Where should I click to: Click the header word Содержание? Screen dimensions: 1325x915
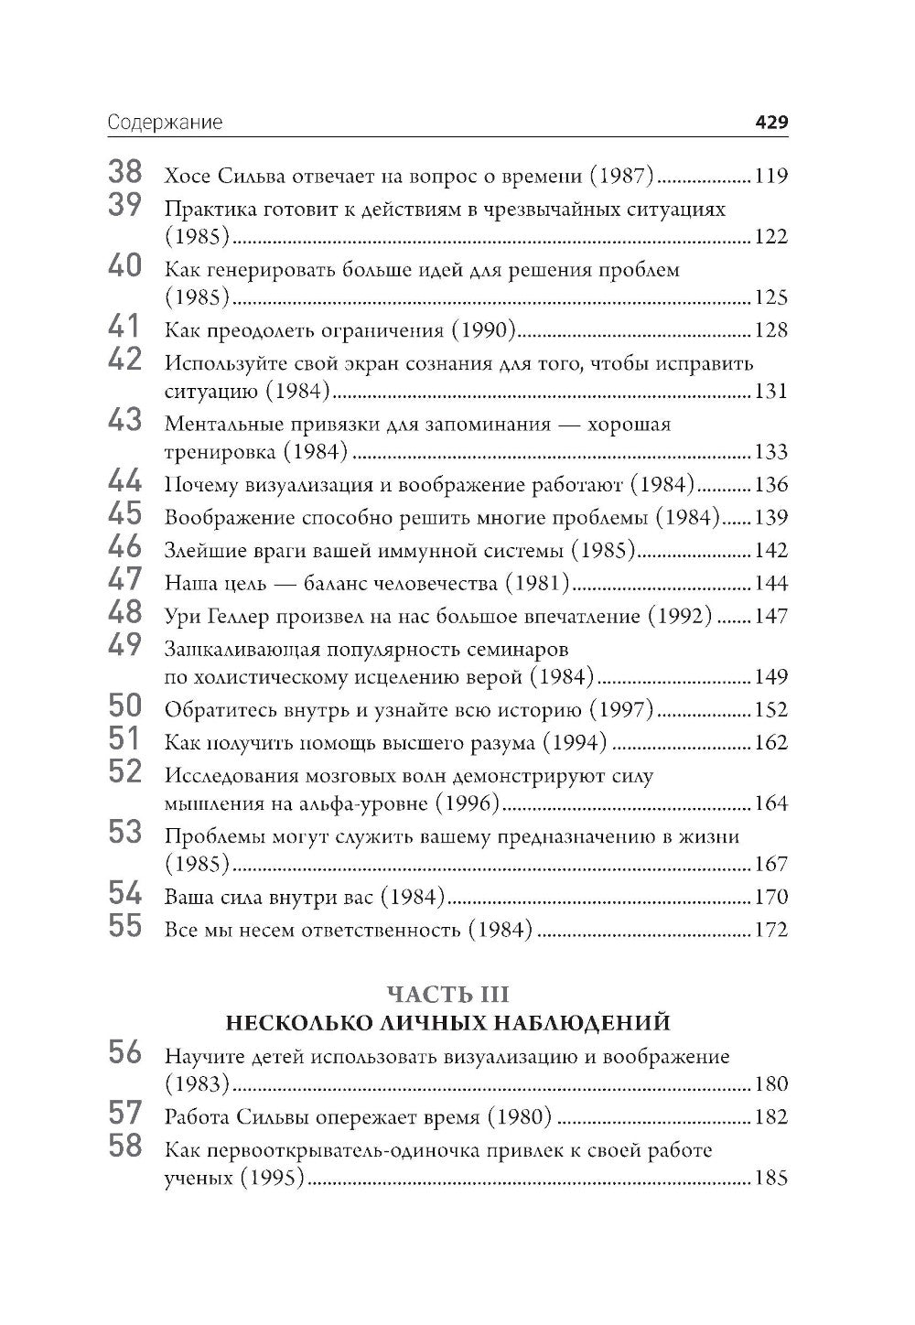coord(165,123)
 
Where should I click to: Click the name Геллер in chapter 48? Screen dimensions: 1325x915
coord(244,617)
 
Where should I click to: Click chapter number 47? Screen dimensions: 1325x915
coord(125,580)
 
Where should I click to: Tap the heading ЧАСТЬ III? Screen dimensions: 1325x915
coord(447,994)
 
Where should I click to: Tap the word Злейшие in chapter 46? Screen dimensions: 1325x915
coord(199,551)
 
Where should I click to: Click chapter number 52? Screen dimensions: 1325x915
coord(125,772)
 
